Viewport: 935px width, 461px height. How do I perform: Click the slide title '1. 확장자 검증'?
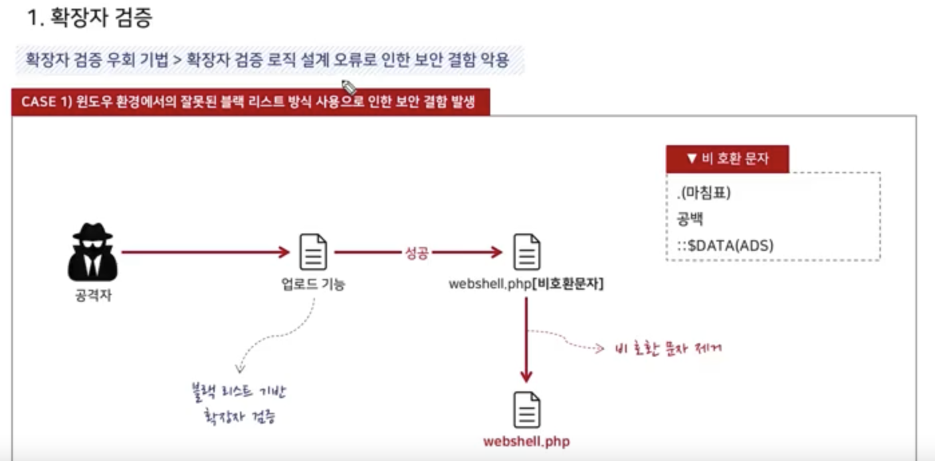click(x=90, y=18)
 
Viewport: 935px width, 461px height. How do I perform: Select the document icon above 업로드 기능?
click(x=313, y=252)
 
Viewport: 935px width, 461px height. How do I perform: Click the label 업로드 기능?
click(x=313, y=284)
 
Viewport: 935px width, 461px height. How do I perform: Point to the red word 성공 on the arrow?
click(x=417, y=253)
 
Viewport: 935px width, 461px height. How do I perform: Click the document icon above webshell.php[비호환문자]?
click(x=526, y=252)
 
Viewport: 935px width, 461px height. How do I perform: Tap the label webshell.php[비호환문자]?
click(x=526, y=284)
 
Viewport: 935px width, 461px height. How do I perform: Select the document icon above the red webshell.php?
click(x=526, y=409)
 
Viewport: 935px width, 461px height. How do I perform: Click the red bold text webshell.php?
click(x=526, y=442)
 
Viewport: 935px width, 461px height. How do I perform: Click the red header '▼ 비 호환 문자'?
click(x=727, y=159)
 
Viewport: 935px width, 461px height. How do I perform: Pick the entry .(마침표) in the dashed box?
click(x=704, y=193)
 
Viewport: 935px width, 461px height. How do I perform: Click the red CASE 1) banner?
click(x=250, y=102)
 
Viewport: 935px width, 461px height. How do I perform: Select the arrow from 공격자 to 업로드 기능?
click(x=205, y=252)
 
